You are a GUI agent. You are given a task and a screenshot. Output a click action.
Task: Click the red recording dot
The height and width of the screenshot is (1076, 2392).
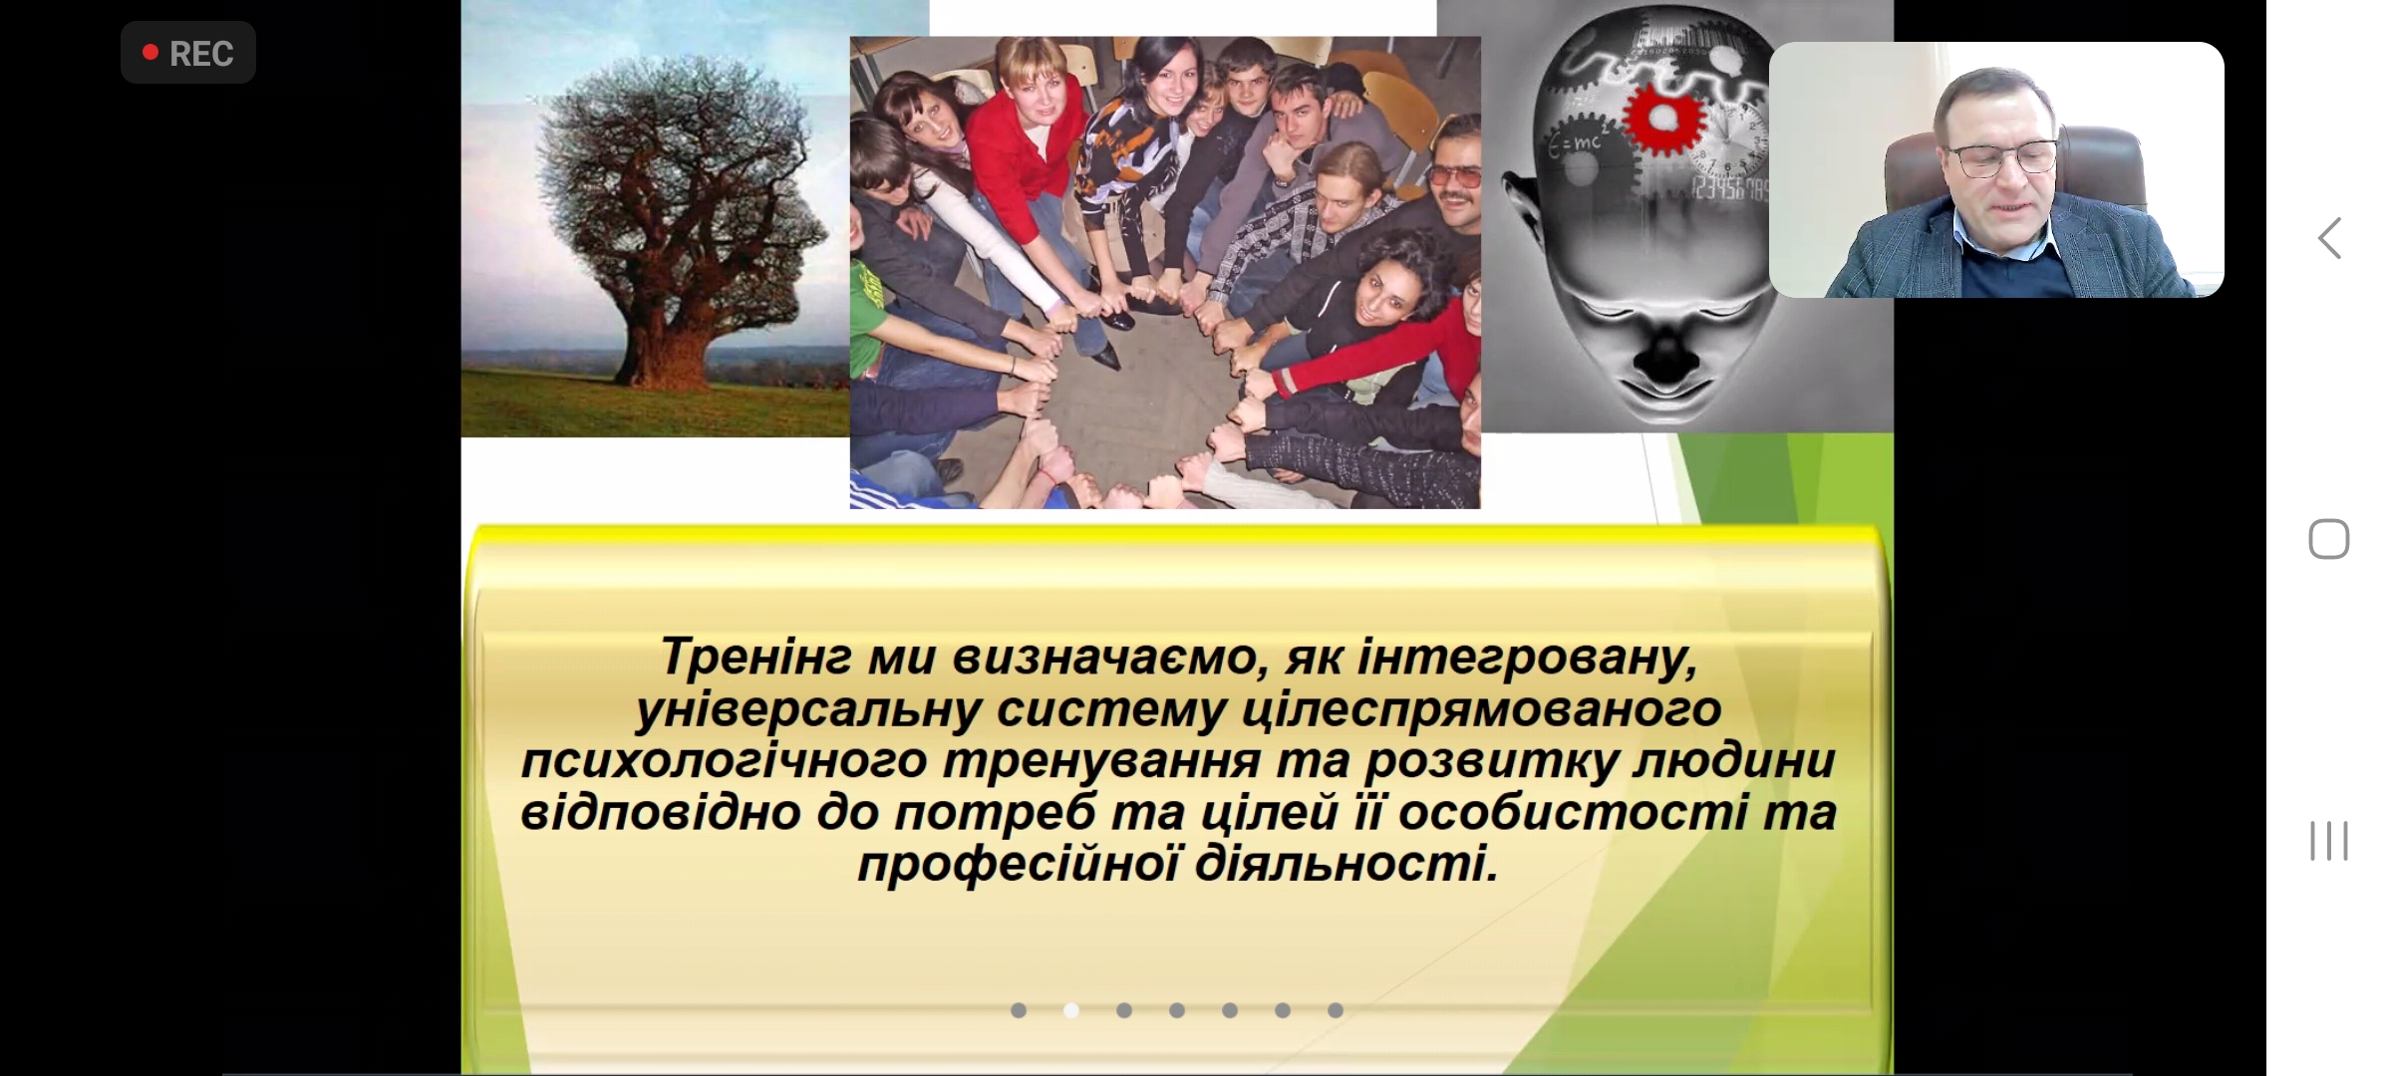click(150, 52)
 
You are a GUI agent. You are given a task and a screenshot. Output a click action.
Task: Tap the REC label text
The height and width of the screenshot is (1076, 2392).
click(201, 54)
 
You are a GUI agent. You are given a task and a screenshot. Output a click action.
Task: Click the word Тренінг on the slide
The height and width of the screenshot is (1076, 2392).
click(756, 658)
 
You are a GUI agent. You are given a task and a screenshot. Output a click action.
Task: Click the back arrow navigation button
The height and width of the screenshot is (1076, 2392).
click(2329, 238)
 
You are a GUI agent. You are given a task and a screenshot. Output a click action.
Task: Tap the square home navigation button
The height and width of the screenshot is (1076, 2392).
click(2329, 539)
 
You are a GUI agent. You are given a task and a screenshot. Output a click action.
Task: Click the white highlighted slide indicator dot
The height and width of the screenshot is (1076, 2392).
click(1071, 1010)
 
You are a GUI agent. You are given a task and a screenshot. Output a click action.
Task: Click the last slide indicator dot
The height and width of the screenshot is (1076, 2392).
click(1336, 1010)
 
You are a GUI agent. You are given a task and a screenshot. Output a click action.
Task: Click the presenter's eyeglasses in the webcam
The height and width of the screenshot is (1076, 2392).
click(2002, 156)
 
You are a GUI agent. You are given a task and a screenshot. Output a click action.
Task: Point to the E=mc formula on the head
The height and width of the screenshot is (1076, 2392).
click(1576, 144)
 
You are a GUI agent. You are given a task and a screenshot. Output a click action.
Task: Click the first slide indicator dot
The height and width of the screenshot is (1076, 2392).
click(1019, 1010)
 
